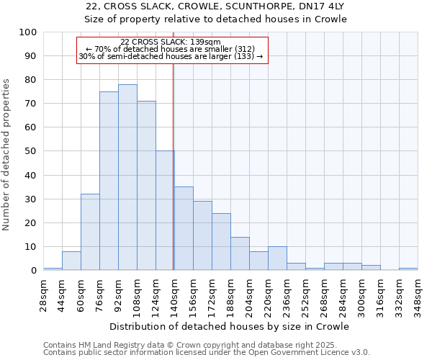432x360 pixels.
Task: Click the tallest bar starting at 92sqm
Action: pyautogui.click(x=127, y=177)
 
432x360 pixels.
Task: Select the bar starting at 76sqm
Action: pyautogui.click(x=109, y=181)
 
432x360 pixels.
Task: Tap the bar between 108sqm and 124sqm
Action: pyautogui.click(x=146, y=186)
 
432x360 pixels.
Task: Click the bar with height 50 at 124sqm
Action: pyautogui.click(x=165, y=210)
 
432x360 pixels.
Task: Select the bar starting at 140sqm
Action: pyautogui.click(x=184, y=228)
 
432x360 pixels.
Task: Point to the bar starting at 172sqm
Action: pyautogui.click(x=221, y=241)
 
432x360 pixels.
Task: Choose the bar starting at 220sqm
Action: pyautogui.click(x=277, y=258)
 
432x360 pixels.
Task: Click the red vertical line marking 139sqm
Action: pyautogui.click(x=174, y=166)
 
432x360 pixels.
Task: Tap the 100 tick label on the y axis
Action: pyautogui.click(x=28, y=32)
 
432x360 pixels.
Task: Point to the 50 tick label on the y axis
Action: pyautogui.click(x=31, y=151)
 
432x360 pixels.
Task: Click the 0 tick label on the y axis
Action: pyautogui.click(x=34, y=270)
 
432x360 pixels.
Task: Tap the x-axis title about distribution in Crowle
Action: pyautogui.click(x=230, y=326)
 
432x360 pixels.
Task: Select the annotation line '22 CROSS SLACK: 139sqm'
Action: pyautogui.click(x=171, y=42)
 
